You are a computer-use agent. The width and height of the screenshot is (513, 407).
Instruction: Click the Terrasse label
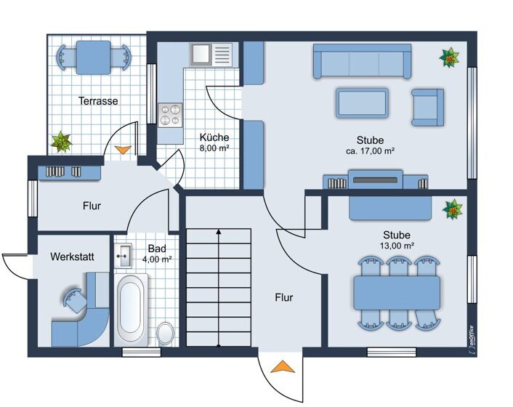[98, 101]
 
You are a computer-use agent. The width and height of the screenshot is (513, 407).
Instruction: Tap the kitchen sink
[211, 54]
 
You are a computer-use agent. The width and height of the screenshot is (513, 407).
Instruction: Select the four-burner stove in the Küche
[170, 115]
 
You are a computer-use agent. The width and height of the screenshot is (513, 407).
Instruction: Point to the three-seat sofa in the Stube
[362, 62]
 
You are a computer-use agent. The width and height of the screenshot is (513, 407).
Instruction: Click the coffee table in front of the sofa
[362, 102]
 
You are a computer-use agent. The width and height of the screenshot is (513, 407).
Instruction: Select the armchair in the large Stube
[427, 108]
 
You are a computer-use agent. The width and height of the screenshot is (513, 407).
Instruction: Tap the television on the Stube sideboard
[375, 180]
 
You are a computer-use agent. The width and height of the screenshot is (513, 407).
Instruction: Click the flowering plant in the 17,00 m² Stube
[449, 57]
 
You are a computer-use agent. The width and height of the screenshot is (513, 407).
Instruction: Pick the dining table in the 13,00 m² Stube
[397, 293]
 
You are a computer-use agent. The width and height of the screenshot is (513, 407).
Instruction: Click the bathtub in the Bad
[131, 310]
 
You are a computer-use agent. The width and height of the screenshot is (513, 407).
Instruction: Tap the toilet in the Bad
[166, 334]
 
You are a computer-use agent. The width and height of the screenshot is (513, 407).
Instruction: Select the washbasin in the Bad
[123, 255]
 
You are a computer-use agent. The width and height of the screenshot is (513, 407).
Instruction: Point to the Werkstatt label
[72, 257]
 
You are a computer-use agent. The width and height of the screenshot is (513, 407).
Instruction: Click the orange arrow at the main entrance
[283, 366]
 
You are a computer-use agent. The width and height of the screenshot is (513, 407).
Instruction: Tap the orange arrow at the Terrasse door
[123, 150]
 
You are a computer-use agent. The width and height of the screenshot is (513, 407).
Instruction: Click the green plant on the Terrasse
[61, 142]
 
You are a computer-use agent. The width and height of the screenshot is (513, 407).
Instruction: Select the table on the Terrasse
[93, 57]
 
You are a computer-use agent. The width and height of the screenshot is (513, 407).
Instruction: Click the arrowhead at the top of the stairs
[219, 232]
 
